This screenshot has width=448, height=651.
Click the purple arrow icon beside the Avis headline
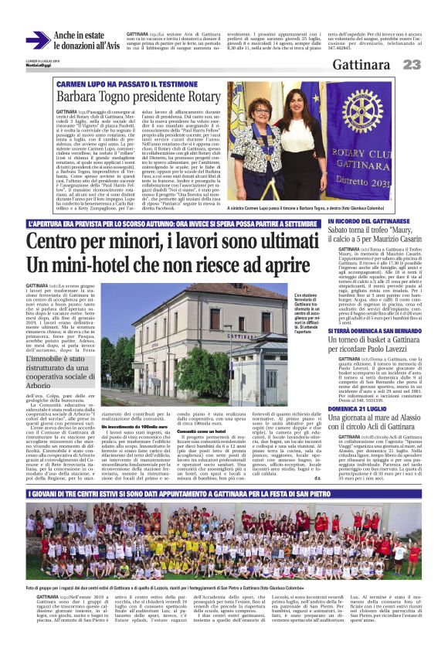38,40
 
